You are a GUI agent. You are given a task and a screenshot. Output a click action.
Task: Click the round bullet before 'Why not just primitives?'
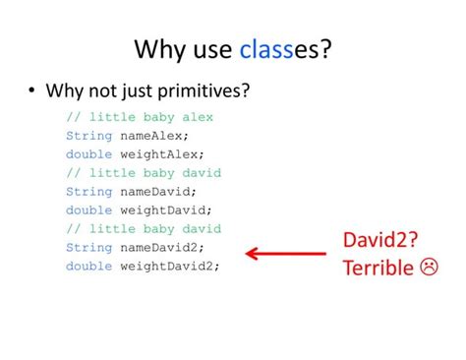[x=33, y=91]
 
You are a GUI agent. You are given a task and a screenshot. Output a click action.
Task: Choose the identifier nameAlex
[x=154, y=135]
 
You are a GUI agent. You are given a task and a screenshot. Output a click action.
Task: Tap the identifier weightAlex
[x=162, y=153]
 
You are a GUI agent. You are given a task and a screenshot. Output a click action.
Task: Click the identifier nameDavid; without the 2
[x=158, y=191]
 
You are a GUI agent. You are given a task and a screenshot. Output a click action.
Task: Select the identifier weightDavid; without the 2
[x=166, y=210]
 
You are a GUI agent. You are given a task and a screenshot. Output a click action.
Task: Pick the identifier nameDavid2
[x=162, y=247]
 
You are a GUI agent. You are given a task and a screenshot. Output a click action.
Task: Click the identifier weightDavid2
[x=170, y=266]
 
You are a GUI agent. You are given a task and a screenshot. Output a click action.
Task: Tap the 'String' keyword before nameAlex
[x=89, y=135]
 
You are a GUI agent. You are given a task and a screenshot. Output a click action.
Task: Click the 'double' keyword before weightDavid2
[x=89, y=266]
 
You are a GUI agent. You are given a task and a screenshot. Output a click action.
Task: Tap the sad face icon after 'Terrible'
[x=429, y=267]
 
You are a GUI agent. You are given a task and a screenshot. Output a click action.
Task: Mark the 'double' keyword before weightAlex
[x=89, y=153]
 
